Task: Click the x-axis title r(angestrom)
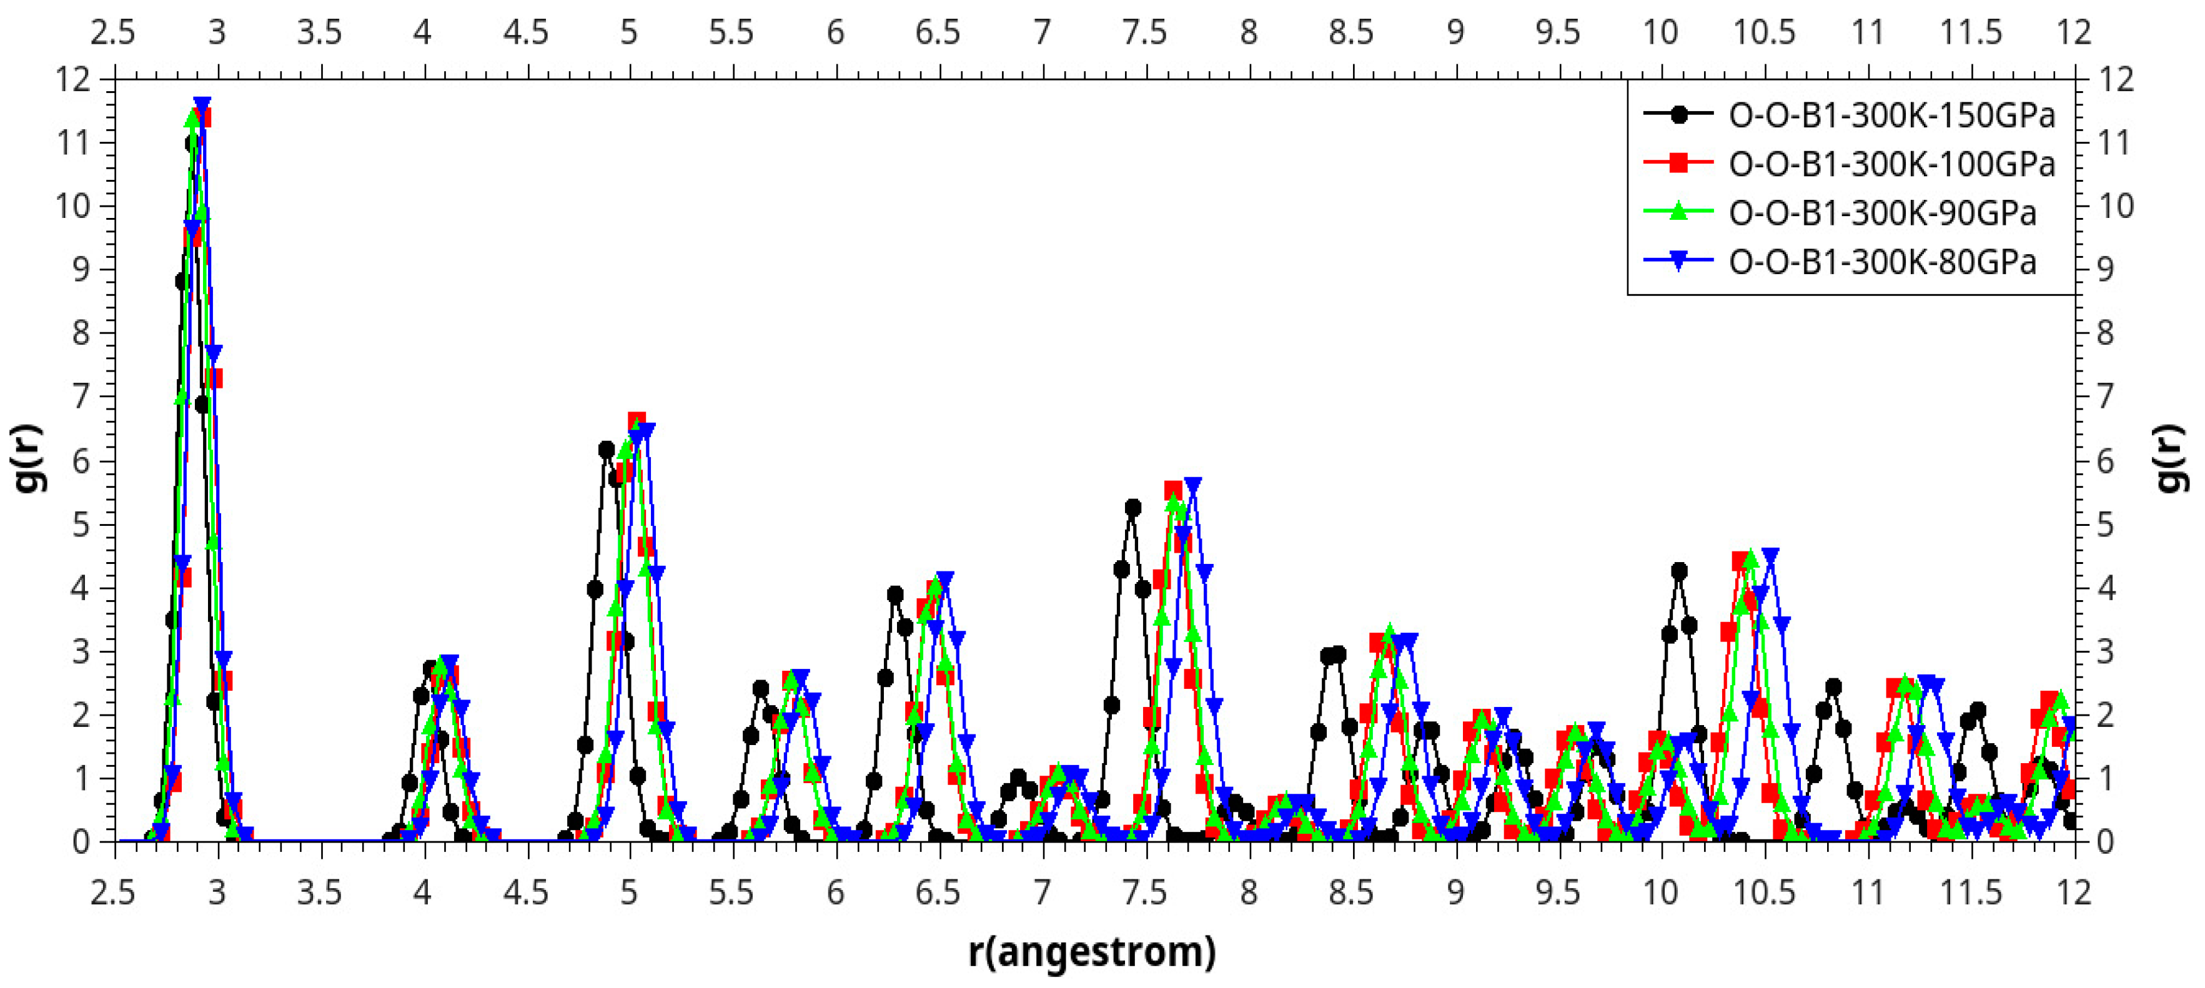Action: click(x=1091, y=951)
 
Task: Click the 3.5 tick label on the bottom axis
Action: click(x=319, y=893)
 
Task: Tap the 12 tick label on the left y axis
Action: click(x=72, y=81)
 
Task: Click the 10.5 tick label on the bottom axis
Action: click(x=1763, y=893)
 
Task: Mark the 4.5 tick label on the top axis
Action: click(x=525, y=32)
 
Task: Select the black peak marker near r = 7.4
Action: click(x=1132, y=508)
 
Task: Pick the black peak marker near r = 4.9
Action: click(x=606, y=450)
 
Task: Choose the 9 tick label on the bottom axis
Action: click(x=1455, y=893)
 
